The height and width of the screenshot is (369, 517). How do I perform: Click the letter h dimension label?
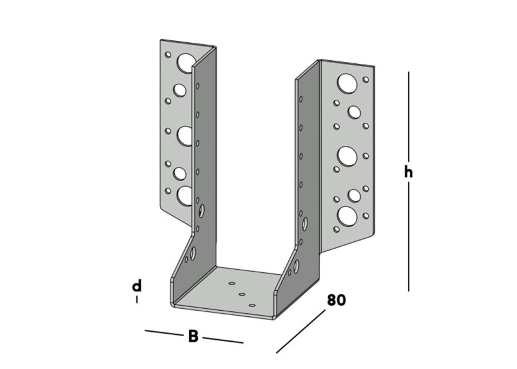(x=408, y=172)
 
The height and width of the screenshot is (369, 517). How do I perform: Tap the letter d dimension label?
(x=137, y=286)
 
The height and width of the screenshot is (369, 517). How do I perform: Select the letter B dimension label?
(x=193, y=337)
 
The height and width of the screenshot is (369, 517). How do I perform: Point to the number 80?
(x=336, y=301)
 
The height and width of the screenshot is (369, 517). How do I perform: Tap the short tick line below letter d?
(x=137, y=300)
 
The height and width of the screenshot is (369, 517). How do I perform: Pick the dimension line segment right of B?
(x=223, y=340)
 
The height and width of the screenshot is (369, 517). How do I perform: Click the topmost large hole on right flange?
(x=347, y=82)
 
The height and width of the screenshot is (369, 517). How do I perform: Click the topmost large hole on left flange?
(x=185, y=62)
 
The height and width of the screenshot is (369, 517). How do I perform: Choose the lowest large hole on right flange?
(x=347, y=216)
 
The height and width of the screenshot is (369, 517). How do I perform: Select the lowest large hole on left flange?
(x=185, y=195)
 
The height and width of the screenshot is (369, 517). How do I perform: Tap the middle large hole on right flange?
(x=347, y=155)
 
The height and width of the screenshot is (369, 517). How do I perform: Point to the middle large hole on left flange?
(x=185, y=135)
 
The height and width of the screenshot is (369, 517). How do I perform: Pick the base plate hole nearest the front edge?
(x=252, y=305)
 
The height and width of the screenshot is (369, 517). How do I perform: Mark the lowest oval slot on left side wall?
(x=193, y=253)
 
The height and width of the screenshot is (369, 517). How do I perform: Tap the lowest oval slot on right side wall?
(x=296, y=267)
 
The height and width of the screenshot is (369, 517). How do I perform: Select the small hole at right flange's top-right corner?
(x=366, y=79)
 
